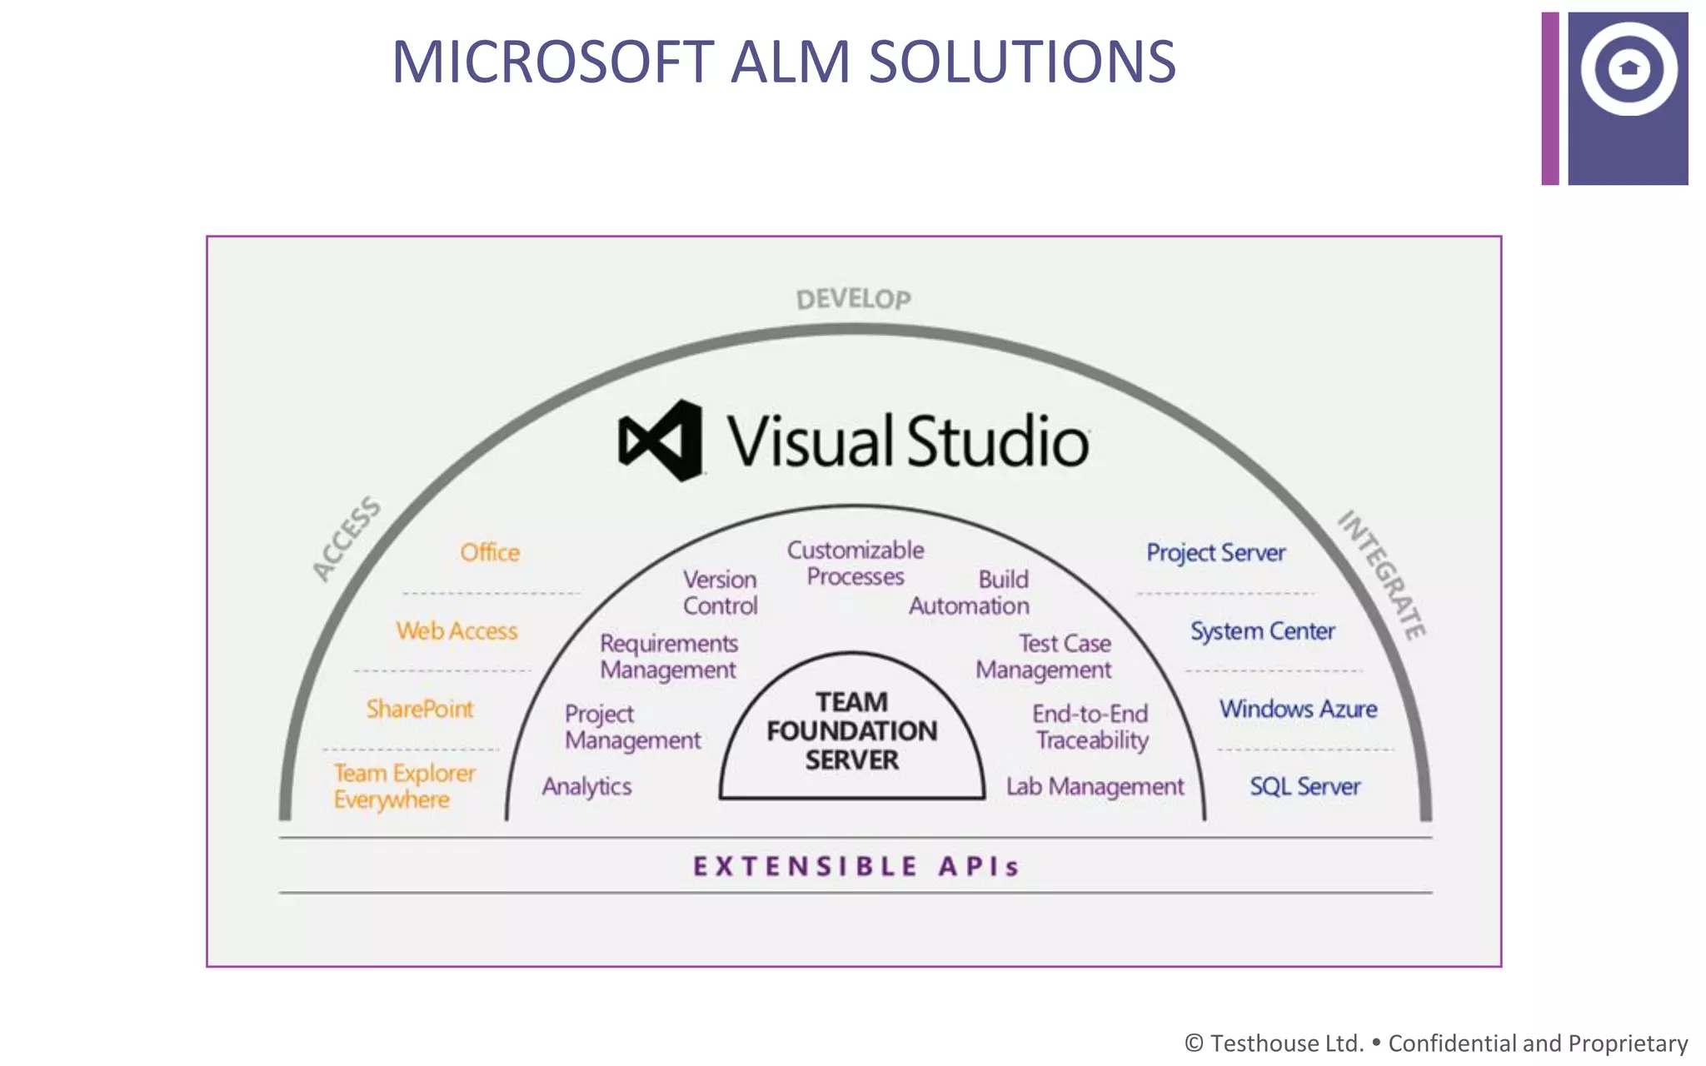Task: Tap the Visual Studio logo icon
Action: (x=661, y=441)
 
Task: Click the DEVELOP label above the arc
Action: (x=853, y=299)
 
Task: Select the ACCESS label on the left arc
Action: (x=347, y=539)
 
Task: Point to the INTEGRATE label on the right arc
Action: (x=1382, y=575)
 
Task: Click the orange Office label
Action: (x=490, y=552)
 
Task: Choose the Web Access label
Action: (x=456, y=631)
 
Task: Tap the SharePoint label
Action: (x=420, y=709)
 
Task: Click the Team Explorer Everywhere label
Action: (x=404, y=786)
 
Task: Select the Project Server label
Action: (x=1215, y=552)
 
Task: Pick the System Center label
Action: (x=1262, y=631)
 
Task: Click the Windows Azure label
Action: (x=1298, y=709)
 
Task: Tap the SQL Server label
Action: (x=1304, y=786)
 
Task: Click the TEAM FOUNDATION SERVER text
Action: (x=851, y=731)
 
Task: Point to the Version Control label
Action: (x=720, y=592)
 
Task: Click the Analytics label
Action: (x=586, y=786)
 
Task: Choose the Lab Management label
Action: (x=1095, y=786)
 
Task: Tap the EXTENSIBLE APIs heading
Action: (x=855, y=866)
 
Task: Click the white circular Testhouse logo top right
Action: (x=1629, y=69)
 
